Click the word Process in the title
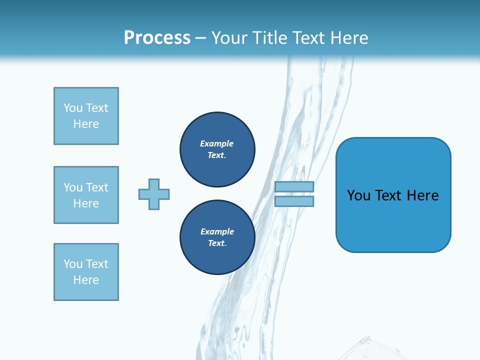tap(157, 38)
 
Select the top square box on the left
tap(86, 116)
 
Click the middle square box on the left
tap(86, 195)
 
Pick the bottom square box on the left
tap(86, 272)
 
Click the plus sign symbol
tap(154, 194)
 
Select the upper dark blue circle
tap(217, 149)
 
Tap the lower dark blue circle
tap(217, 237)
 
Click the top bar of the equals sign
tap(294, 186)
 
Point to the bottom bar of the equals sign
tap(294, 201)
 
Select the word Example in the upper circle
tap(217, 143)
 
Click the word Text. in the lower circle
tap(217, 243)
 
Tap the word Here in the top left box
tap(86, 124)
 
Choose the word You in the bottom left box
tap(73, 264)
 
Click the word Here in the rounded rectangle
tap(422, 195)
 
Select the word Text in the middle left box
tap(97, 187)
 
